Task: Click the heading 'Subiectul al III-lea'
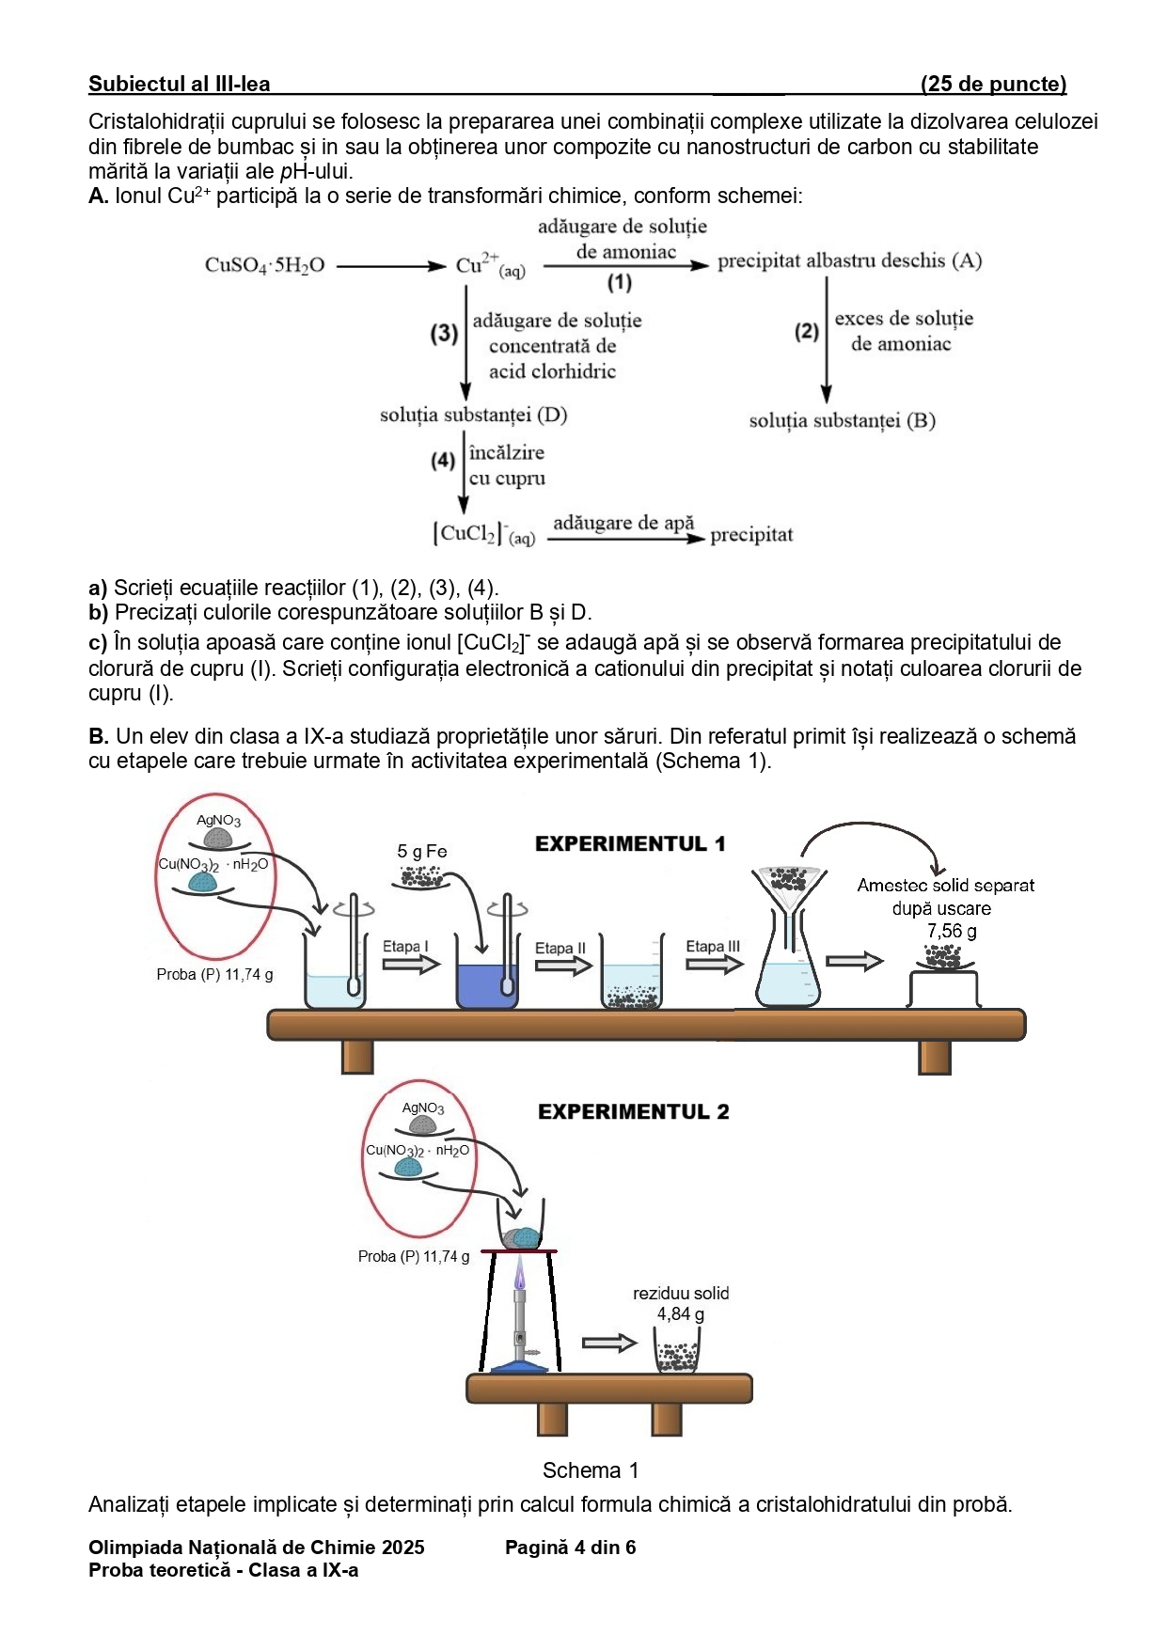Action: pyautogui.click(x=179, y=85)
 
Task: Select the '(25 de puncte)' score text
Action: pyautogui.click(x=993, y=85)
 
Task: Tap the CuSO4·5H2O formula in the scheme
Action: pyautogui.click(x=264, y=265)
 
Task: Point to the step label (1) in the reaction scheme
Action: pyautogui.click(x=619, y=282)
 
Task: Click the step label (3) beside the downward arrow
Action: pyautogui.click(x=444, y=334)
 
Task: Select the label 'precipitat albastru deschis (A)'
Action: pyautogui.click(x=849, y=261)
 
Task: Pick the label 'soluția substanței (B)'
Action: pyautogui.click(x=842, y=420)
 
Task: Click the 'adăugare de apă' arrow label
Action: pyautogui.click(x=623, y=523)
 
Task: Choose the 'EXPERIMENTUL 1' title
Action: pyautogui.click(x=630, y=844)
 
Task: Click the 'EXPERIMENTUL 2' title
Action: pyautogui.click(x=633, y=1112)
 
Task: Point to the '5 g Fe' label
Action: pyautogui.click(x=422, y=852)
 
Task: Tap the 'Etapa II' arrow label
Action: pyautogui.click(x=560, y=949)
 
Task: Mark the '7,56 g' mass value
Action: pyautogui.click(x=952, y=932)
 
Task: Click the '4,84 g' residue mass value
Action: pyautogui.click(x=680, y=1314)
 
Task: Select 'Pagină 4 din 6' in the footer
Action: pyautogui.click(x=570, y=1548)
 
